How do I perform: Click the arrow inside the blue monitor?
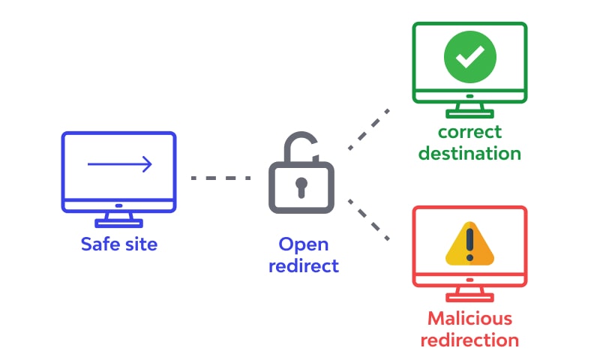click(x=120, y=164)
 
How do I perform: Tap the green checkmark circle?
click(x=469, y=58)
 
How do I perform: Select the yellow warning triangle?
click(x=469, y=244)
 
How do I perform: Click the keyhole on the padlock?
click(x=300, y=184)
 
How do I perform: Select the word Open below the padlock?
click(x=303, y=244)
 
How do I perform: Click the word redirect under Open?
click(x=303, y=265)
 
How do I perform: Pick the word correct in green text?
click(x=469, y=133)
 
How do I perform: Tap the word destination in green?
click(x=469, y=154)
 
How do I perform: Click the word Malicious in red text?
click(x=469, y=318)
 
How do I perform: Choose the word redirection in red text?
click(x=469, y=339)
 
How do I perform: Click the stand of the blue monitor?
click(x=119, y=219)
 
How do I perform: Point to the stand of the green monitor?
click(x=469, y=109)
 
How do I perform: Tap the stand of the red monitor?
click(x=469, y=295)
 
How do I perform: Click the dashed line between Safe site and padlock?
click(x=220, y=178)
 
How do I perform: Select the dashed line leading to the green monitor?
click(x=368, y=127)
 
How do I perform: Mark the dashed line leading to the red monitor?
click(x=368, y=220)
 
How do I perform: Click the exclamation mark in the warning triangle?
click(x=470, y=243)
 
